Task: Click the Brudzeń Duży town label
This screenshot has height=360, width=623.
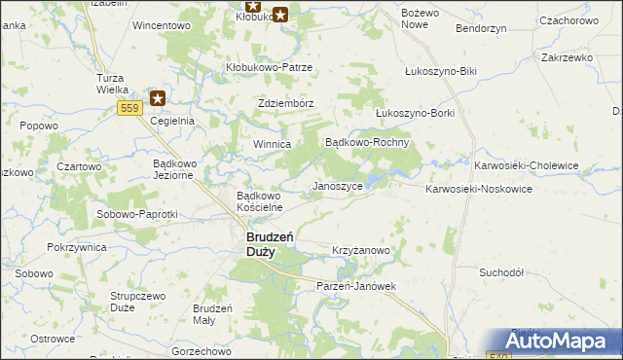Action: click(x=260, y=243)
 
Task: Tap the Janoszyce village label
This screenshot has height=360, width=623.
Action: click(x=337, y=186)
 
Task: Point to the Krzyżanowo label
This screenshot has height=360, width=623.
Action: click(x=361, y=250)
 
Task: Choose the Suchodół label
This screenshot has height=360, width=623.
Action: click(x=501, y=272)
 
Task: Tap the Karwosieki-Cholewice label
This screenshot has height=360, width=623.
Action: click(x=527, y=166)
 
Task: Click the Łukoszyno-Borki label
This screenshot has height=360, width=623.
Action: click(x=415, y=113)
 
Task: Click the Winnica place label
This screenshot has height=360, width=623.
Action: click(x=273, y=144)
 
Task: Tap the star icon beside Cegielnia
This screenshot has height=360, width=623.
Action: click(x=158, y=97)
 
